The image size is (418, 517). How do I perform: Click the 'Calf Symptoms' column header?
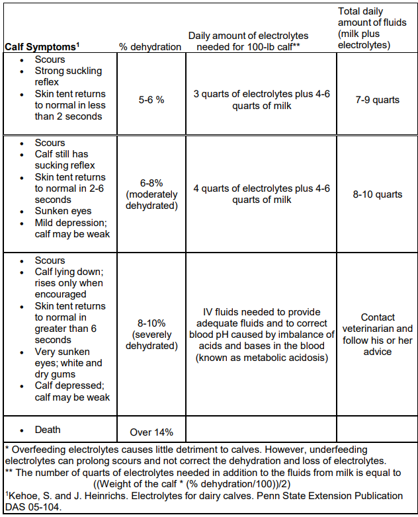click(42, 46)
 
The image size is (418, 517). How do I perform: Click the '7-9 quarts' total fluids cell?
click(376, 100)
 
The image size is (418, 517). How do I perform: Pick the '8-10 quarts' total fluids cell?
click(376, 194)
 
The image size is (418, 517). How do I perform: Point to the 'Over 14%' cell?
click(151, 432)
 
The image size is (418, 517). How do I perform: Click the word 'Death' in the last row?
click(48, 430)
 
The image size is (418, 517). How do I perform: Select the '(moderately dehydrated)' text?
click(151, 200)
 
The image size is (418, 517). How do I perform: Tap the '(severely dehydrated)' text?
click(151, 340)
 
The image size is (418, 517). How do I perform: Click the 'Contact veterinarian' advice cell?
click(377, 334)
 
